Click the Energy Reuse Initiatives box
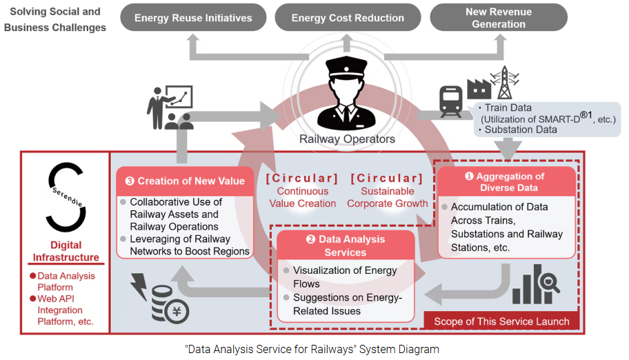tap(192, 18)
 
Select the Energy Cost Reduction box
tap(348, 18)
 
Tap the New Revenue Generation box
tap(499, 18)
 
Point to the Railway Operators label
tap(347, 139)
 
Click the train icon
tap(451, 102)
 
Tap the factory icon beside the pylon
tap(478, 88)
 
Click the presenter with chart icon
tap(169, 107)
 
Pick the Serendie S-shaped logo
tap(68, 196)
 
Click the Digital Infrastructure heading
tap(66, 251)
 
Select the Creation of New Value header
tap(185, 181)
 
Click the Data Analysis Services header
tap(346, 246)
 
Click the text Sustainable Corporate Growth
tap(387, 197)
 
